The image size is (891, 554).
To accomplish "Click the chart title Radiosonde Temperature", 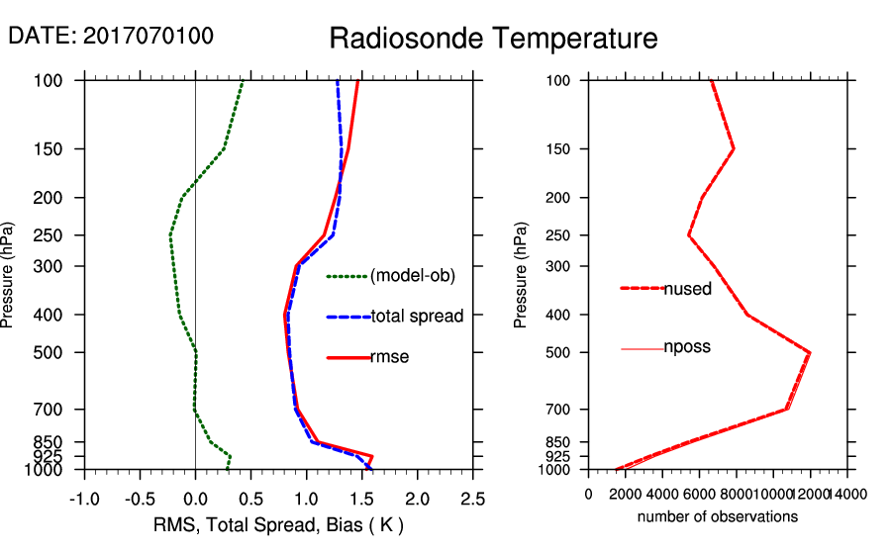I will click(x=493, y=39).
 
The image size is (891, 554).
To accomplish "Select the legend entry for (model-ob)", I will click(x=412, y=276).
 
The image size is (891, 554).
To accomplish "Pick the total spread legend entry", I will click(x=417, y=317).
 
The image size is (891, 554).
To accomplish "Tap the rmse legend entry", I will click(x=389, y=357).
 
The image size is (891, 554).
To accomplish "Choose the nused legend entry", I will click(x=687, y=288).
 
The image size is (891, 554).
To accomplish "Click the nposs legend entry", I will click(x=687, y=347).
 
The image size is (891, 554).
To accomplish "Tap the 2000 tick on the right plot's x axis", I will click(x=626, y=494).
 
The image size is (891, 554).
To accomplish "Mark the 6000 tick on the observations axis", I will click(x=700, y=494).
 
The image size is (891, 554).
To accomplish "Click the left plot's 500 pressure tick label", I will click(x=61, y=352).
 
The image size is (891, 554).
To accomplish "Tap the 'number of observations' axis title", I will click(x=718, y=516).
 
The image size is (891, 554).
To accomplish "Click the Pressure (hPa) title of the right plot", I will click(x=521, y=275).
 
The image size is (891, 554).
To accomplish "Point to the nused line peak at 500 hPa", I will click(x=810, y=352).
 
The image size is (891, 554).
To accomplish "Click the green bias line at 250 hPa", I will click(x=170, y=235).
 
